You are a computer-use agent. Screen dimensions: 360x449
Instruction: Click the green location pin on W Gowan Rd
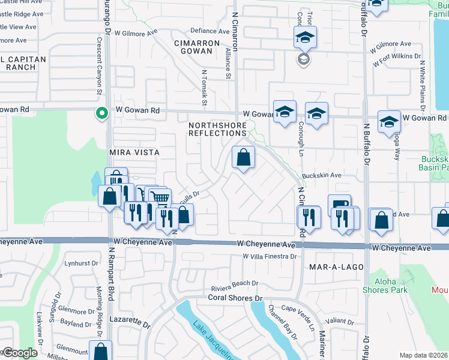click(x=102, y=112)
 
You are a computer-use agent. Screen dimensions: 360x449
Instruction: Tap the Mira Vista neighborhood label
click(x=134, y=153)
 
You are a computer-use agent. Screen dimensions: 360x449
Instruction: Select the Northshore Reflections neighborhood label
click(x=217, y=129)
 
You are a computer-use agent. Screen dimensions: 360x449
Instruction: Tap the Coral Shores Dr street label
click(x=236, y=298)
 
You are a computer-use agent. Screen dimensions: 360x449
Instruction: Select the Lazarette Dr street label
click(x=130, y=323)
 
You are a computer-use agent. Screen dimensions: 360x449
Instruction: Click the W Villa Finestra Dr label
click(x=270, y=256)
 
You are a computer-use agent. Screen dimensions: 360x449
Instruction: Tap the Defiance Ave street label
click(x=210, y=31)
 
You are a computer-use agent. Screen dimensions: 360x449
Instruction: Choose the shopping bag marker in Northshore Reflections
click(x=243, y=158)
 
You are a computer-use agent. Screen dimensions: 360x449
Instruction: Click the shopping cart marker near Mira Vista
click(x=159, y=197)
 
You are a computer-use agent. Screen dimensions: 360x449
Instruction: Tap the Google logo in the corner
click(x=20, y=353)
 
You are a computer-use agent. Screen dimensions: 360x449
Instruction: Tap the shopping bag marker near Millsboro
click(x=101, y=352)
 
